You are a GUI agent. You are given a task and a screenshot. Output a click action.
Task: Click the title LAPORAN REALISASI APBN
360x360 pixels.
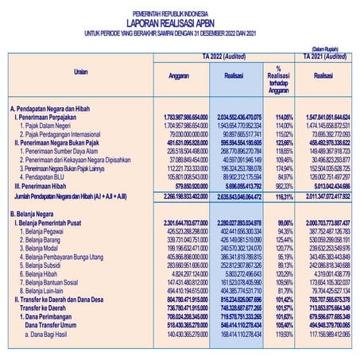(179, 21)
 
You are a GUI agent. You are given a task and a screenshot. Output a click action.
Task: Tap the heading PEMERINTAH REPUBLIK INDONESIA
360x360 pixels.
(179, 10)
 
